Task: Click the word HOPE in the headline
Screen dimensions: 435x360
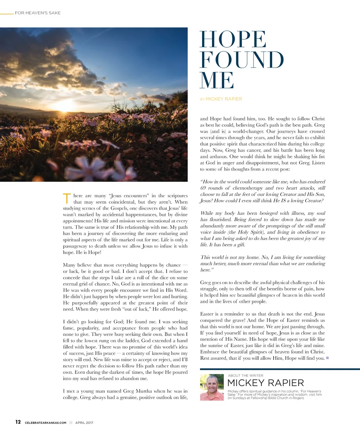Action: point(233,39)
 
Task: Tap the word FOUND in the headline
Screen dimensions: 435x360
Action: point(242,60)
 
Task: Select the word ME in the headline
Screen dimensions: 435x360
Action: point(217,81)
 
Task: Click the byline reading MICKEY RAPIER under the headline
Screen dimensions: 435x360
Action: point(224,99)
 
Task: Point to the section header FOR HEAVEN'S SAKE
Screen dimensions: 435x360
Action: point(38,13)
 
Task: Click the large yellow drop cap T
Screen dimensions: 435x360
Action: point(67,198)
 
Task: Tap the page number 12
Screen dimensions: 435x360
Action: point(18,422)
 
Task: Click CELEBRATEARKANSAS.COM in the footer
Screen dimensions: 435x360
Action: point(46,423)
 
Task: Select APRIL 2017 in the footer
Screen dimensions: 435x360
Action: point(84,423)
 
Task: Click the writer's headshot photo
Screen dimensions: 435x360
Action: point(212,387)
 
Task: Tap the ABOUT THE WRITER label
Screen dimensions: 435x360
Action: point(245,376)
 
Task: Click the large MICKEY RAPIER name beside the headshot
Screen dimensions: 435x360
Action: point(265,383)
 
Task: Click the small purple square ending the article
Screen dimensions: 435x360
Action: point(327,358)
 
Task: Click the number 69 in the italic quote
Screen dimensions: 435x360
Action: point(203,188)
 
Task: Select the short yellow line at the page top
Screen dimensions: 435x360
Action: point(7,14)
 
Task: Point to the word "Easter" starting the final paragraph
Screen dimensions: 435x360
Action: point(207,314)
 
